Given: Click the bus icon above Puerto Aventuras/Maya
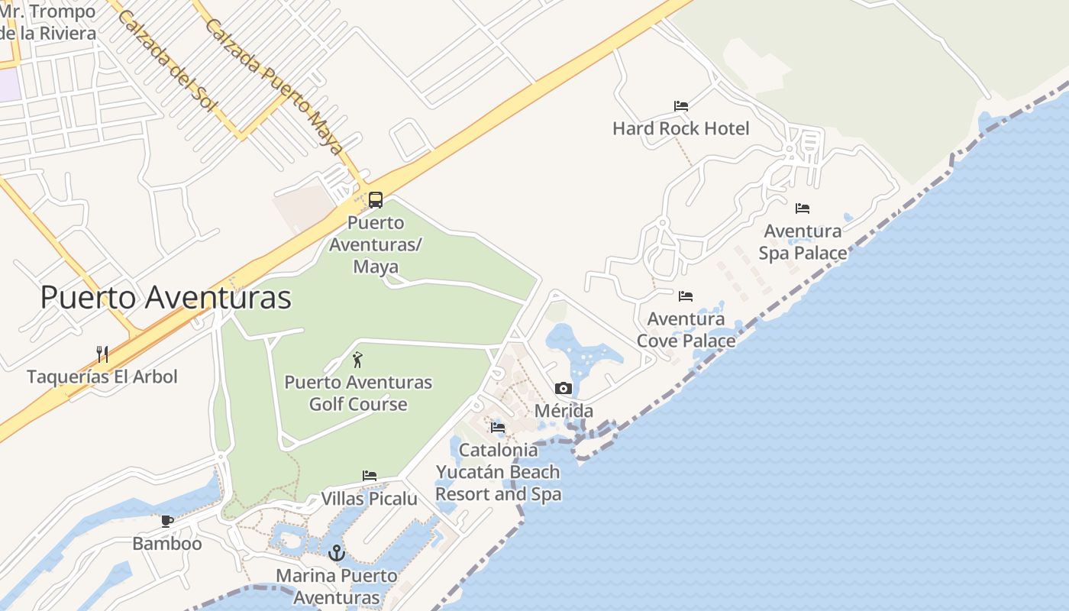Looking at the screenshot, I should tap(376, 200).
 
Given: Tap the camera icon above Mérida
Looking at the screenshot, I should tap(564, 389).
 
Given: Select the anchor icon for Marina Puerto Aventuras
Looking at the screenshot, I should tap(337, 552).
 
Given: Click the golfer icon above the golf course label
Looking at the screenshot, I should tap(357, 360).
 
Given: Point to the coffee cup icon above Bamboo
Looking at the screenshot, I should tap(167, 522).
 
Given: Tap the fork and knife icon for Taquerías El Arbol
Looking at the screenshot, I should tap(102, 354).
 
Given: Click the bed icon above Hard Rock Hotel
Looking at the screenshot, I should tap(681, 105).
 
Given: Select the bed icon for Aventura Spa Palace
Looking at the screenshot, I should tap(802, 208).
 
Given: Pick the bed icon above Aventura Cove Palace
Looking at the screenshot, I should tap(686, 296).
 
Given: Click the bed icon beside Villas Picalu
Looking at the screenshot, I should tap(370, 476).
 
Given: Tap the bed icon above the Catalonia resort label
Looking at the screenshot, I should tap(498, 427).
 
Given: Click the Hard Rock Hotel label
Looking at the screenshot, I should tap(681, 128).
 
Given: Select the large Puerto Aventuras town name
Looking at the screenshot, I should tap(166, 297).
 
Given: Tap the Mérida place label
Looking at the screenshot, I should tap(564, 411).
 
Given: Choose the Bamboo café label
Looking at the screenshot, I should tap(167, 544).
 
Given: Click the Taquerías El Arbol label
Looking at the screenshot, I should tap(102, 377).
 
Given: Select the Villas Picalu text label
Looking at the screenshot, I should tap(370, 499).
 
